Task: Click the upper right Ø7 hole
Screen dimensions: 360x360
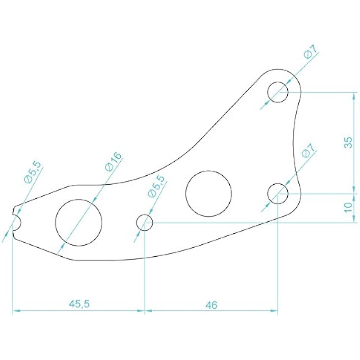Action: point(278,92)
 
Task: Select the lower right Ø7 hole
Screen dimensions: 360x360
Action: point(278,193)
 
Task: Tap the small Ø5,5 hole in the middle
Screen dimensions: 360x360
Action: point(145,222)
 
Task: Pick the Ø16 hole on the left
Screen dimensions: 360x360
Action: point(79,222)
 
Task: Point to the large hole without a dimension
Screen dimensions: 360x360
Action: point(208,193)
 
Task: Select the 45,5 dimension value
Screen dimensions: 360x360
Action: point(79,304)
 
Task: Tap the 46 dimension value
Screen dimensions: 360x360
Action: point(212,305)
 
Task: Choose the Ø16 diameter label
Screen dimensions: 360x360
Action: point(113,162)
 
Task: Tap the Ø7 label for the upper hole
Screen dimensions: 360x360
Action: point(310,53)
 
